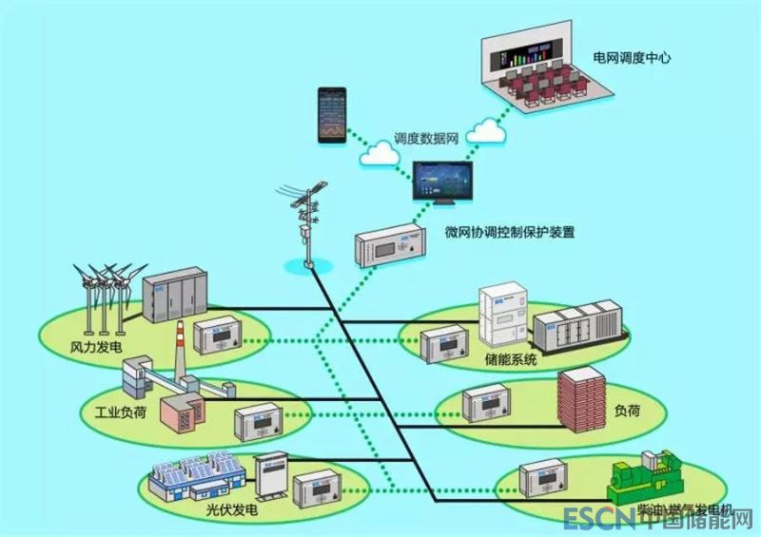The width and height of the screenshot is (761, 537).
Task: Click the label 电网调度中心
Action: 632,58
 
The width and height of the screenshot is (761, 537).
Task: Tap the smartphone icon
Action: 331,115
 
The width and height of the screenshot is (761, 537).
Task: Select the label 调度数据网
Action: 427,138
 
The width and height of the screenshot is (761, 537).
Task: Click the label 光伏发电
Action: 232,508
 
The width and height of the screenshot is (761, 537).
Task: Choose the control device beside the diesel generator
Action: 549,479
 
